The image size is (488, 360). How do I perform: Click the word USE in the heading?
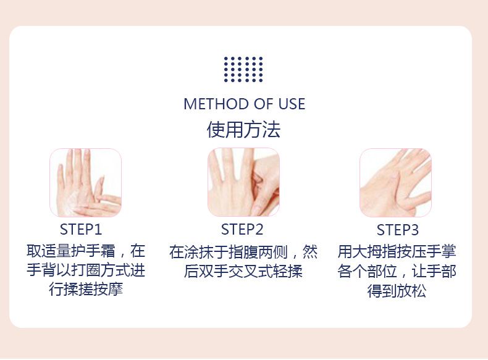(x=292, y=104)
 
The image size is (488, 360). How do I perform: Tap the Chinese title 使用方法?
(x=243, y=130)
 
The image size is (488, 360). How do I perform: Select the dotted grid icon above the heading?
(x=243, y=69)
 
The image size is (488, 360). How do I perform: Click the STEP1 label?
(x=81, y=230)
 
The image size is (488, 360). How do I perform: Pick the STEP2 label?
(x=242, y=230)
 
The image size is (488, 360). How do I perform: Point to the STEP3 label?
(x=397, y=230)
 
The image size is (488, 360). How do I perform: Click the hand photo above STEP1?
(x=86, y=183)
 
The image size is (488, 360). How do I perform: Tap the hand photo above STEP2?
(x=243, y=182)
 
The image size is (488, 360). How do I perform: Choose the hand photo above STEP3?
(x=395, y=183)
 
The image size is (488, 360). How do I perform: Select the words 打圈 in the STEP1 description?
(x=86, y=270)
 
